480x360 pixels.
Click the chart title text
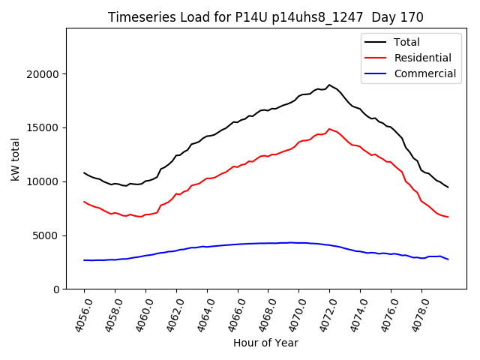coord(265,17)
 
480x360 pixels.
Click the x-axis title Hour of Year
coord(265,343)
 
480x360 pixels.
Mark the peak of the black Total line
coord(329,85)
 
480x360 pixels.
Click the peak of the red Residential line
coord(329,128)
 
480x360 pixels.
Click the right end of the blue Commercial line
coord(448,259)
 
